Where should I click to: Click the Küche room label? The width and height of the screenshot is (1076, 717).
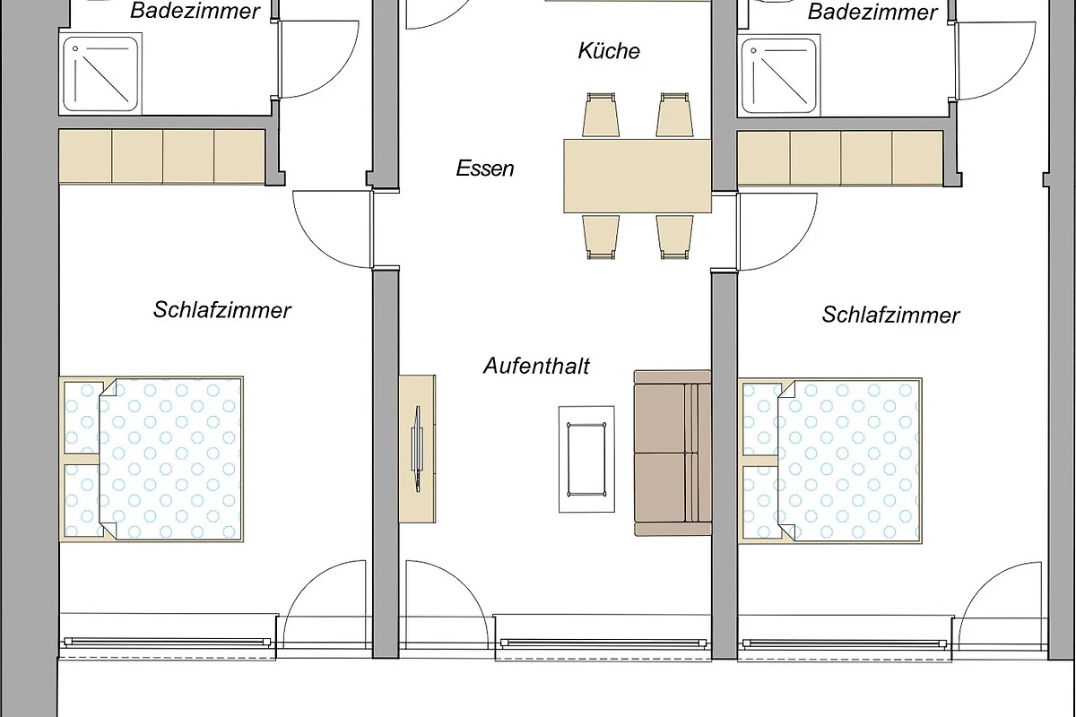pyautogui.click(x=609, y=51)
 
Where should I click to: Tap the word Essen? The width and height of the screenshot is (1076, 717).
pyautogui.click(x=485, y=168)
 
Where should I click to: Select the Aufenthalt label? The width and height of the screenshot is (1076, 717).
pyautogui.click(x=536, y=366)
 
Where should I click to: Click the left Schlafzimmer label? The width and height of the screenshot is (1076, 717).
pyautogui.click(x=222, y=310)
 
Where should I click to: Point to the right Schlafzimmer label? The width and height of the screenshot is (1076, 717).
pyautogui.click(x=890, y=315)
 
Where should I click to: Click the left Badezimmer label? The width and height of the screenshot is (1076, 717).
pyautogui.click(x=195, y=11)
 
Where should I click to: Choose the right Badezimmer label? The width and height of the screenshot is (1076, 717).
pyautogui.click(x=872, y=12)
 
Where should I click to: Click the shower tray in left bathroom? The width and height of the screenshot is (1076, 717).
pyautogui.click(x=100, y=74)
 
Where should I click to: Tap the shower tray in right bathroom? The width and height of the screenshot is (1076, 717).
pyautogui.click(x=778, y=75)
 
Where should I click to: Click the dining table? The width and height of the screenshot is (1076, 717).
pyautogui.click(x=638, y=176)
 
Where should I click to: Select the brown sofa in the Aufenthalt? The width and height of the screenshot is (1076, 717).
pyautogui.click(x=672, y=453)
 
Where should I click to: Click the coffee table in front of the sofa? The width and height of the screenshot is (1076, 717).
pyautogui.click(x=586, y=460)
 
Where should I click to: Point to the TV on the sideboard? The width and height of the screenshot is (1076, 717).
pyautogui.click(x=418, y=449)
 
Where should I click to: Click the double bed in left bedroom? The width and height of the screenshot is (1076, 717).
pyautogui.click(x=152, y=460)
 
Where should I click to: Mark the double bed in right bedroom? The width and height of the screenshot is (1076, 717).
pyautogui.click(x=829, y=461)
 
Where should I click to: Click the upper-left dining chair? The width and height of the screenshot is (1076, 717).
pyautogui.click(x=601, y=115)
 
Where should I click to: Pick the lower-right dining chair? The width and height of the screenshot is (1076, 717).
pyautogui.click(x=674, y=238)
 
